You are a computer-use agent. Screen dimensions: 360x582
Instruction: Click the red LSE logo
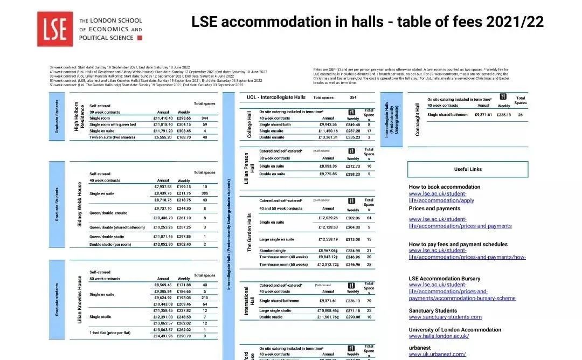[x=55, y=29]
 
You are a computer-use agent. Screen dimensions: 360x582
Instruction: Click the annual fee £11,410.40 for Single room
[x=162, y=117]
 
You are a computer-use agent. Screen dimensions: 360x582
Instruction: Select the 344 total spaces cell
[x=205, y=117]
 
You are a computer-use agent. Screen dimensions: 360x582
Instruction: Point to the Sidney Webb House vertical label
[x=80, y=204]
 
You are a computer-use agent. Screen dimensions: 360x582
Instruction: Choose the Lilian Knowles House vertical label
[x=80, y=300]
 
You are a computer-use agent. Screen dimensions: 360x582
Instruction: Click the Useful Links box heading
[x=468, y=169]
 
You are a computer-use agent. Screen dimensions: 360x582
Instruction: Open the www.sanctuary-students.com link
[x=445, y=317]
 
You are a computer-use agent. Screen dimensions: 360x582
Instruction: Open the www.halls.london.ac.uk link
[x=439, y=336]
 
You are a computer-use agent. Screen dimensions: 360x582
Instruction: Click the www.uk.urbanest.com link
[x=437, y=355]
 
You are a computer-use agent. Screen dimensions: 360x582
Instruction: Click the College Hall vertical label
[x=250, y=124]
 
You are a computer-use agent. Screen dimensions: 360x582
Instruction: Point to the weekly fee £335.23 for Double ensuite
[x=353, y=137]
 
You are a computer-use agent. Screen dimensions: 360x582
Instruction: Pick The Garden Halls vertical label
[x=250, y=232]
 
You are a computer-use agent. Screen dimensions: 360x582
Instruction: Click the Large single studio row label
[x=275, y=310]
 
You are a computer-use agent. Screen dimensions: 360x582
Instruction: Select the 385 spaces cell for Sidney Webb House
[x=205, y=193]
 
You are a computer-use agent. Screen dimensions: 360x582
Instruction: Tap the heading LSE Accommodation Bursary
[x=444, y=279]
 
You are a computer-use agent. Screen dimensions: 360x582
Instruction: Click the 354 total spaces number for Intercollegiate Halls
[x=353, y=98]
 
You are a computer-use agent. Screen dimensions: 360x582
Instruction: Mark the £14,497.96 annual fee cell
[x=162, y=336]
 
